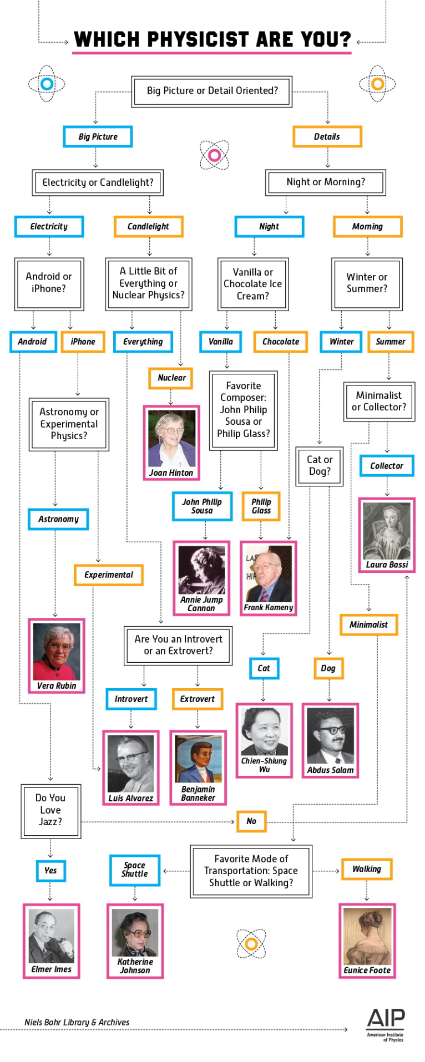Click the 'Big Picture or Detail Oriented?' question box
coord(212,91)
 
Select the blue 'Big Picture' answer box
coord(98,136)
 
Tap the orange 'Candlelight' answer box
coord(148,226)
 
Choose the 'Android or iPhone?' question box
coord(49,283)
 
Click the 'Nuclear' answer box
coord(171,378)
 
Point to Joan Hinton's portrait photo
coord(171,439)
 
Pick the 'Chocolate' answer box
coord(280,342)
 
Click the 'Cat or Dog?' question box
coord(320,465)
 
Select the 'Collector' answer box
coord(387,466)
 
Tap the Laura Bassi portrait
coord(387,531)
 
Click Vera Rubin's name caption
coord(57,685)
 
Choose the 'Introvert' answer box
coord(131,699)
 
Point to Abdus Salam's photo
coord(330,736)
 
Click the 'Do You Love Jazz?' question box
coord(50,810)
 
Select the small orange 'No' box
coord(251,821)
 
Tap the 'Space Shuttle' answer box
coord(135,870)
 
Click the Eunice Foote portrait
coord(367,936)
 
